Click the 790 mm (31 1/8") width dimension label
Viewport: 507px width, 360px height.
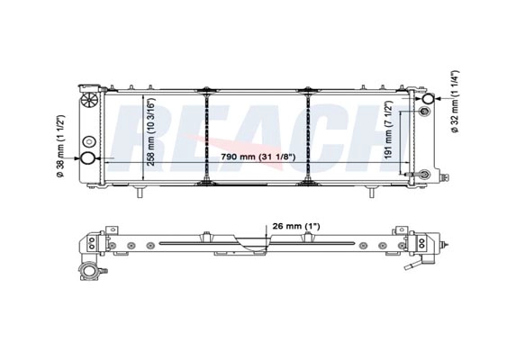(258, 157)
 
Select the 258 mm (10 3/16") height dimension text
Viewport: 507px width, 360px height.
(151, 132)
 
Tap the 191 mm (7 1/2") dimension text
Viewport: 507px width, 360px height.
(388, 130)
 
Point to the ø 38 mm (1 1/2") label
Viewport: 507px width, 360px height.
(60, 147)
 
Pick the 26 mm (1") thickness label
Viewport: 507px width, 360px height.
(296, 226)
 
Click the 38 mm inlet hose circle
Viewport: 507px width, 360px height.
(87, 158)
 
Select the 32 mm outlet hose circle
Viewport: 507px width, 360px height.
(429, 99)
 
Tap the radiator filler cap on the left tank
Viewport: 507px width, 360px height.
(89, 99)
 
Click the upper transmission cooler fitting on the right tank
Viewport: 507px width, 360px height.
(424, 112)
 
